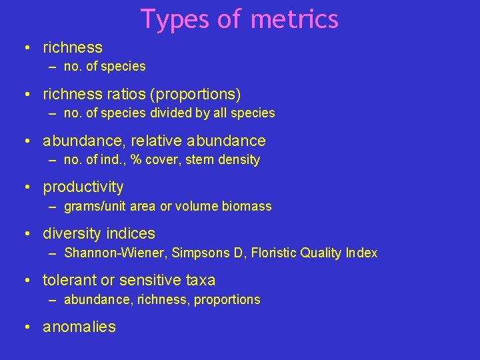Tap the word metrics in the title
295,19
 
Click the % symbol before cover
136,160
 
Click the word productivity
83,187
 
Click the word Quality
321,253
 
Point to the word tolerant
69,280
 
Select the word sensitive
149,280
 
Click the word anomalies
79,327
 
